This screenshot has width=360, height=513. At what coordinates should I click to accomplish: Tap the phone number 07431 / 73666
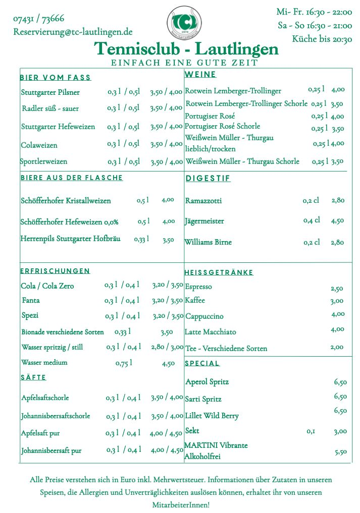pos(39,19)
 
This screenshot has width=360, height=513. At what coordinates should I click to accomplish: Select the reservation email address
pos(73,32)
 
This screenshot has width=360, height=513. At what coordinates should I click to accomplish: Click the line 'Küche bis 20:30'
pos(322,39)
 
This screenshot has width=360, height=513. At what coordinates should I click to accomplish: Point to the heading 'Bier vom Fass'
pos(56,78)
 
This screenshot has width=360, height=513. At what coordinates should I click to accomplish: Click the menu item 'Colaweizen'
pos(39,145)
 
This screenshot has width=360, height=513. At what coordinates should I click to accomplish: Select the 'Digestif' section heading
pos(208,179)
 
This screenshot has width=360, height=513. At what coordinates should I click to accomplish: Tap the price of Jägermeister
pos(338,220)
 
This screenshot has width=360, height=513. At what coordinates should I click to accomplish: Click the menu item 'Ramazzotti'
pos(203,201)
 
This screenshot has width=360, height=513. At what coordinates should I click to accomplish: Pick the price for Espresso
pos(337,289)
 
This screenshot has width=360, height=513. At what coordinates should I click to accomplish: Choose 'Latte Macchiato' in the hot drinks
pos(210,332)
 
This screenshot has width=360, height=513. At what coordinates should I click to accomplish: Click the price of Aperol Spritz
pos(340,382)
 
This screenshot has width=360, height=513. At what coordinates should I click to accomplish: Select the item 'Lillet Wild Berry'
pos(212,416)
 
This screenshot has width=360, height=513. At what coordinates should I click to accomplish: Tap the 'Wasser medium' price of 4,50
pos(168,363)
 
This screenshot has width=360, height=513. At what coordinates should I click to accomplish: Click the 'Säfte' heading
pos(33,377)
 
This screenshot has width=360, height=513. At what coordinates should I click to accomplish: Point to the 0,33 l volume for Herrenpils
pos(141,239)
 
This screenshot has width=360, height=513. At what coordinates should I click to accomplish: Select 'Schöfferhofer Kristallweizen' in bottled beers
pos(66,201)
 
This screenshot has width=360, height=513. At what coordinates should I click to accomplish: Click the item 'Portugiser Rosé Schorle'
pos(223,126)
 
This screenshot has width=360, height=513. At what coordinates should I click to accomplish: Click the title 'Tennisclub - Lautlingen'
pos(186,49)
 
